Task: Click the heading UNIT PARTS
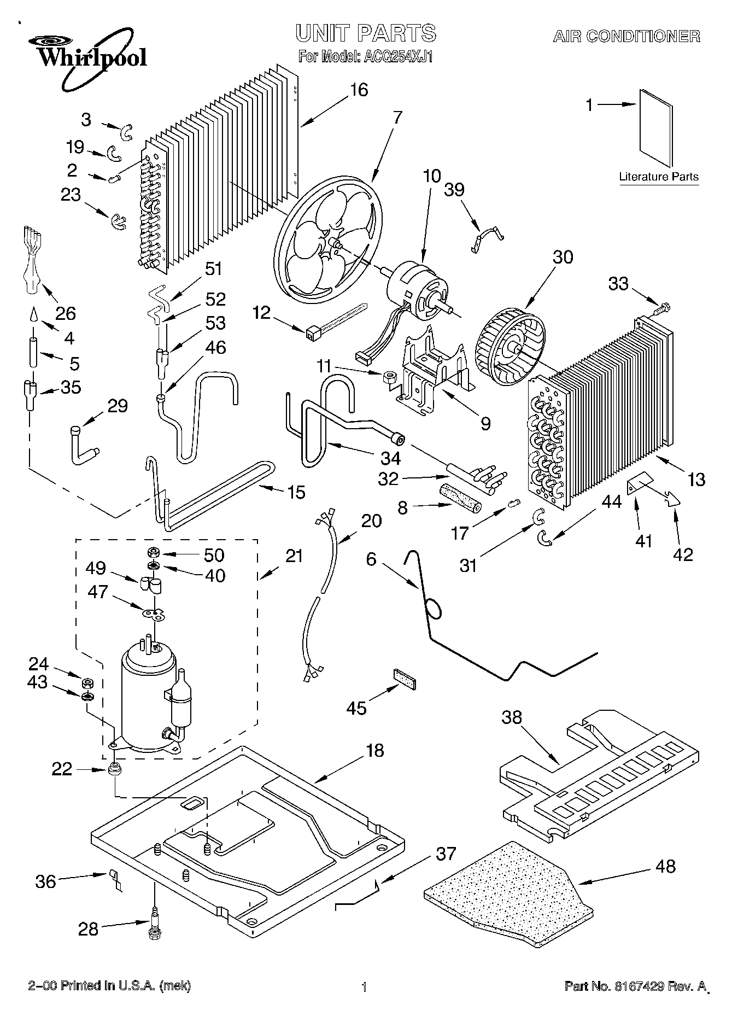click(x=366, y=33)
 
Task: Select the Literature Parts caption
click(x=659, y=177)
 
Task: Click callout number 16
click(x=359, y=90)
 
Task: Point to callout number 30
click(x=563, y=256)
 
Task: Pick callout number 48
click(x=664, y=866)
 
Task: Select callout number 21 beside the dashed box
click(x=294, y=556)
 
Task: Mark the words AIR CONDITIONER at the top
click(x=626, y=37)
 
